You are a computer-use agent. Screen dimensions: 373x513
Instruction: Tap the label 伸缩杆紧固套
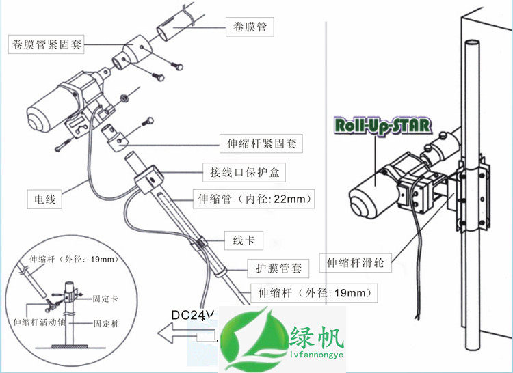[x=264, y=144]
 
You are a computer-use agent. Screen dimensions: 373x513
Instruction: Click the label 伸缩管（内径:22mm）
[x=254, y=199]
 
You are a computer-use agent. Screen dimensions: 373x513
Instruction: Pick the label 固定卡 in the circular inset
[x=110, y=298]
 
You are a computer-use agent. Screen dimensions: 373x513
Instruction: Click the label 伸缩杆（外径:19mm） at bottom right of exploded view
[x=314, y=293]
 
